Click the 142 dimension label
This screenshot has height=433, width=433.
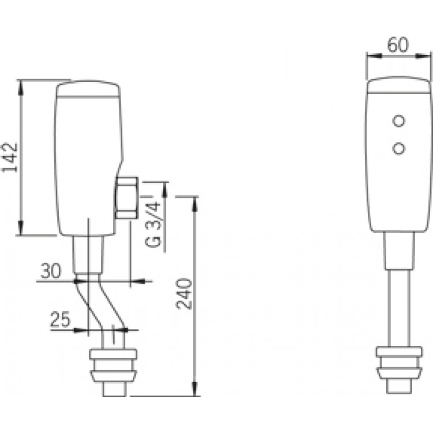click(x=10, y=158)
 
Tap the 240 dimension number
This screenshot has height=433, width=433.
click(x=184, y=294)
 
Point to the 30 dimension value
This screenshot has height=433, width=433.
click(x=51, y=271)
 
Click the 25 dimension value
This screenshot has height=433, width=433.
click(x=61, y=319)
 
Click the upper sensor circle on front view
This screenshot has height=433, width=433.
click(x=399, y=121)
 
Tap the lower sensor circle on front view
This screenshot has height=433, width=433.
click(x=399, y=148)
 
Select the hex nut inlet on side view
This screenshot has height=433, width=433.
click(x=126, y=198)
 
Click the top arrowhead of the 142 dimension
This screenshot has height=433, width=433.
click(x=20, y=86)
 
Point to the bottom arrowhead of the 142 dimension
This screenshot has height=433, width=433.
click(x=20, y=229)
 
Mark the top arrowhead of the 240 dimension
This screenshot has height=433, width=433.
click(x=195, y=204)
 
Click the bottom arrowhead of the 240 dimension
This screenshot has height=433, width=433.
click(x=195, y=389)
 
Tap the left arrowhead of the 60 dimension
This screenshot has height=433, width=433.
click(x=374, y=56)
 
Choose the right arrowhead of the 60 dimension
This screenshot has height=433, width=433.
click(x=424, y=56)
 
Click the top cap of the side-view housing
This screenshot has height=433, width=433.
click(x=88, y=89)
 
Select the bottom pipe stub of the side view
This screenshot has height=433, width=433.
click(x=115, y=389)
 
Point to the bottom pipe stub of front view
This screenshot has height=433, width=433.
click(x=399, y=386)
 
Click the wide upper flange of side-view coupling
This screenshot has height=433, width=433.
click(x=113, y=354)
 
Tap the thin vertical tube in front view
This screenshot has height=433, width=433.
click(x=399, y=308)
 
